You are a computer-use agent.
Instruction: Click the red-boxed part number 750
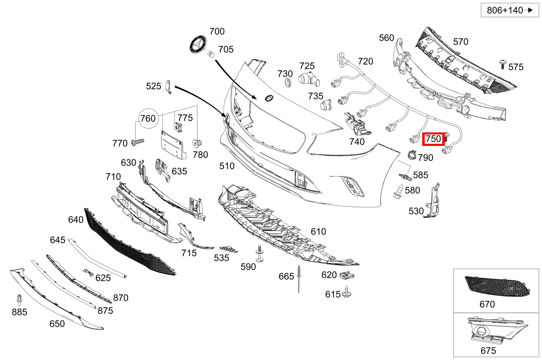433,139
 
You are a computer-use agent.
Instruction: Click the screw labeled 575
502,64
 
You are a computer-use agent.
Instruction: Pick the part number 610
318,232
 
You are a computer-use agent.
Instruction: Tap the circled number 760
148,119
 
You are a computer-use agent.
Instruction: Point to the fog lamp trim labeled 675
495,329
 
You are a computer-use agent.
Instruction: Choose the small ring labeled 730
288,84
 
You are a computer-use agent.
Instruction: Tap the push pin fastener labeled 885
19,300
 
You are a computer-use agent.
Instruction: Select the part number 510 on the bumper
227,166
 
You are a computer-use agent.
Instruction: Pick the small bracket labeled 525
168,87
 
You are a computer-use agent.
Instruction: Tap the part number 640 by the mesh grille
76,220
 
